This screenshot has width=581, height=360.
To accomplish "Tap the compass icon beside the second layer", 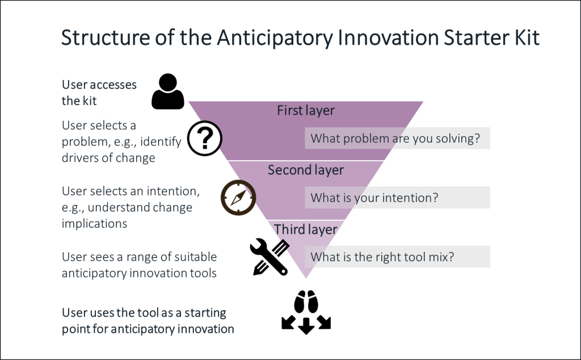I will (x=238, y=198).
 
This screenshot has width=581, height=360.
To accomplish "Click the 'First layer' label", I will (x=306, y=111).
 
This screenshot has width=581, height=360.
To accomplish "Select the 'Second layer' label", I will (x=306, y=170).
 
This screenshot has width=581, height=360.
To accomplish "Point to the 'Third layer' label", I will (x=306, y=230).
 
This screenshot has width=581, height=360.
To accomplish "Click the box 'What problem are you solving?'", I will (x=397, y=138).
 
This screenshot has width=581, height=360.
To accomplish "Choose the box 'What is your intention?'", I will (x=397, y=198).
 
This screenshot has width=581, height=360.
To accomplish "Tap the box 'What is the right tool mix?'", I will (x=397, y=256).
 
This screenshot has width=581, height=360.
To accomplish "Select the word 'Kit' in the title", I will (x=525, y=38).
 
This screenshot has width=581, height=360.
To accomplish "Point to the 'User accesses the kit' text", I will (x=99, y=94).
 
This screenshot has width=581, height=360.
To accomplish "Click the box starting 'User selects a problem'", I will (x=125, y=141).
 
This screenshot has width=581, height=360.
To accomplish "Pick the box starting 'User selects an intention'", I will (x=132, y=207).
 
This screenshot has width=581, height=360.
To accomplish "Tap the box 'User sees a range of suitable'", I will (x=148, y=265).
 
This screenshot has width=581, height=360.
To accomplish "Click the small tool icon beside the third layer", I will (x=284, y=245).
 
